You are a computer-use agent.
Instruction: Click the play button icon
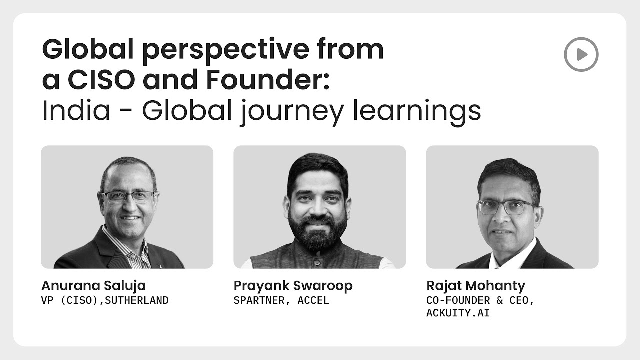(581, 54)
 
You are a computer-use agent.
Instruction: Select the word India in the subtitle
(76, 110)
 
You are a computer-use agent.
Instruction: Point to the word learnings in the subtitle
(417, 112)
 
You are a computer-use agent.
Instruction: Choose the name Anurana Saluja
(93, 286)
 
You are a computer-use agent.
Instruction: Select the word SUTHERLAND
(137, 300)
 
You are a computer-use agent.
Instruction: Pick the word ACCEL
(313, 300)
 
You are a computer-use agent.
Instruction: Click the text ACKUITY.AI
(458, 313)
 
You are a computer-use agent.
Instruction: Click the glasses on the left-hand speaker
(129, 197)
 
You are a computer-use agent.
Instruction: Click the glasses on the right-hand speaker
(505, 207)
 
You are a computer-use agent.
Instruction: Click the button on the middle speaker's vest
(317, 262)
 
